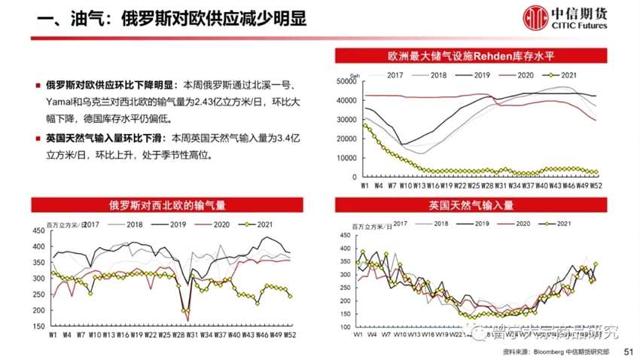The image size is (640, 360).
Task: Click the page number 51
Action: (630, 352)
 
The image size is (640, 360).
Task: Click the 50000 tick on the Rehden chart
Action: (346, 81)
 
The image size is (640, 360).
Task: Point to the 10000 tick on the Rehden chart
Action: (346, 158)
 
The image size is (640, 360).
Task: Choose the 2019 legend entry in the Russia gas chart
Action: (177, 224)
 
